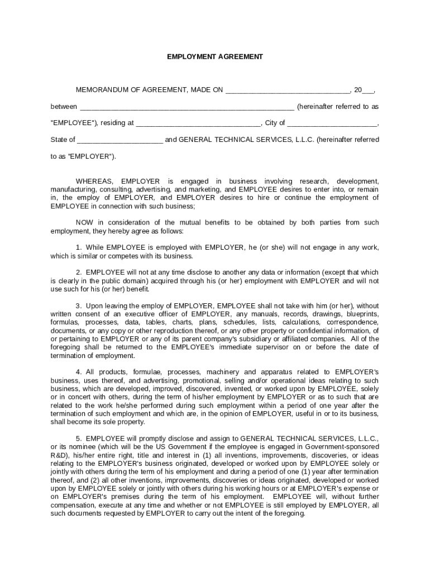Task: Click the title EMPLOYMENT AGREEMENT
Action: [215, 57]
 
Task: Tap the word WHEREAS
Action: [94, 182]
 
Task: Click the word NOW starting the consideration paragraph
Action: [84, 223]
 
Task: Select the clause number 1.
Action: [78, 247]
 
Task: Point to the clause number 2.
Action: [78, 273]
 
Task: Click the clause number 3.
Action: [78, 306]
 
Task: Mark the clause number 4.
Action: [78, 372]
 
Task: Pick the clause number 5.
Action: [78, 438]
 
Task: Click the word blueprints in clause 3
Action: [362, 314]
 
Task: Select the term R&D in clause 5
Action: [59, 455]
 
